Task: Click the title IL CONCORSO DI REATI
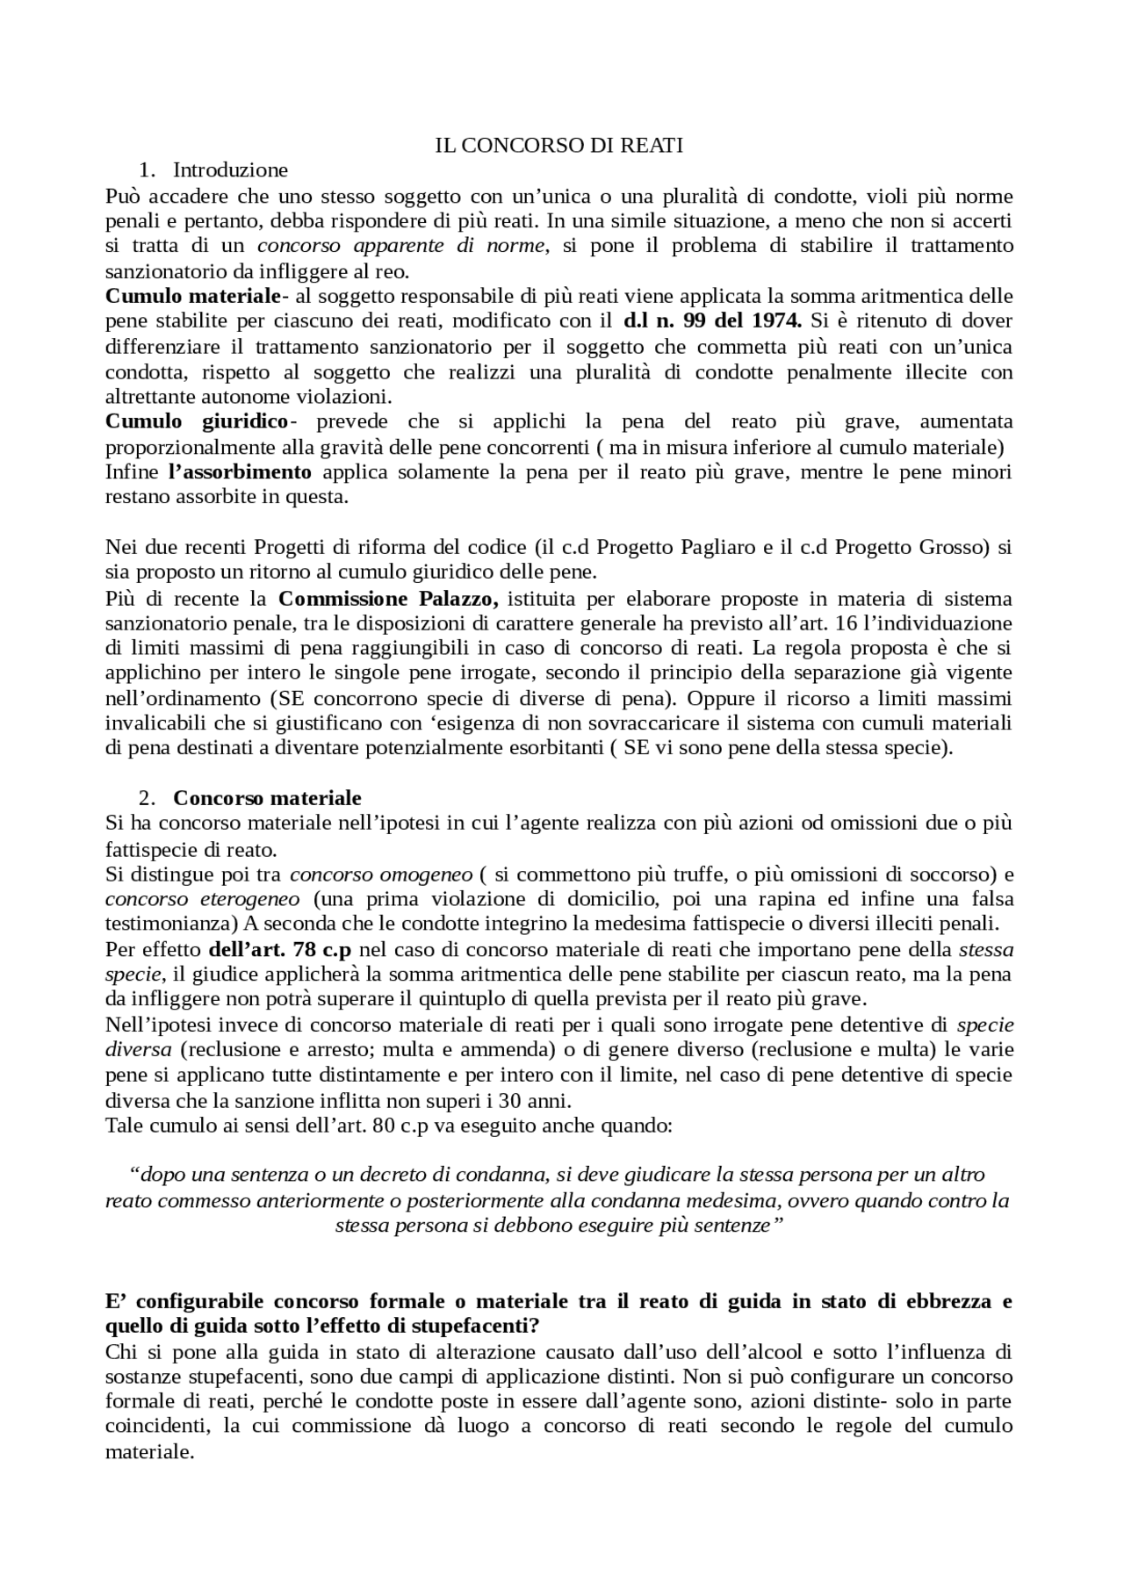click(x=559, y=146)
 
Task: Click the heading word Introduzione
click(x=230, y=169)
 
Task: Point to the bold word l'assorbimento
click(x=240, y=472)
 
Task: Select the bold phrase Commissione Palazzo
click(x=388, y=599)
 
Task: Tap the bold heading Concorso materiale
click(x=267, y=798)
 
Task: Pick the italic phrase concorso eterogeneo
click(x=202, y=899)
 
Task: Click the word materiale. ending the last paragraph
click(x=148, y=1451)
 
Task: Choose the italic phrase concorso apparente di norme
click(x=401, y=246)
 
